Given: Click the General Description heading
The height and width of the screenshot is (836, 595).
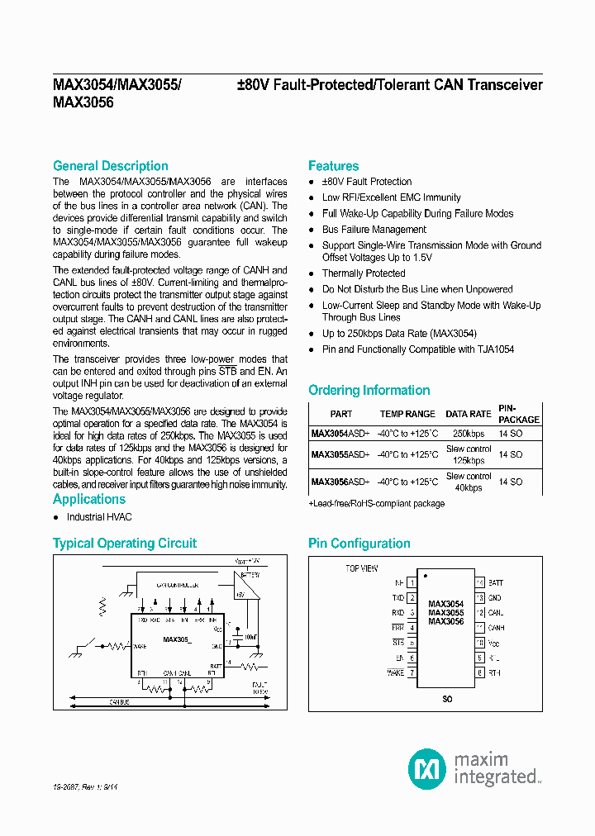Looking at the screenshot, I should pyautogui.click(x=110, y=166).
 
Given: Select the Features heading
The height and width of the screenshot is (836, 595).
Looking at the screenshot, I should pyautogui.click(x=333, y=166).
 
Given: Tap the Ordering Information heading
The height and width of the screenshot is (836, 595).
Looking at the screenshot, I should pyautogui.click(x=369, y=390).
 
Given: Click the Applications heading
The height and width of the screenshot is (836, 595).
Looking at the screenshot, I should pyautogui.click(x=89, y=499).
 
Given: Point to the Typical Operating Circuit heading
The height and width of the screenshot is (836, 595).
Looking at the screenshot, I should pyautogui.click(x=125, y=544).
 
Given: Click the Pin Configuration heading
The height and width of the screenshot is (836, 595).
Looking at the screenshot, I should pyautogui.click(x=359, y=544).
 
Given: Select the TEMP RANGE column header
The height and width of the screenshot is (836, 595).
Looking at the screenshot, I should pyautogui.click(x=407, y=414).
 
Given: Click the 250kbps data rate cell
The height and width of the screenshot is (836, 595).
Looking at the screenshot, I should pyautogui.click(x=469, y=433).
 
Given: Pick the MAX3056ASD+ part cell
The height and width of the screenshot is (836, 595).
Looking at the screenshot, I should pyautogui.click(x=340, y=482).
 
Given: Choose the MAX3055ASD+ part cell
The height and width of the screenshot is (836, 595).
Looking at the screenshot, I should pyautogui.click(x=340, y=454).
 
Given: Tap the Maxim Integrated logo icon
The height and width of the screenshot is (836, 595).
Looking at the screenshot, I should pyautogui.click(x=426, y=768).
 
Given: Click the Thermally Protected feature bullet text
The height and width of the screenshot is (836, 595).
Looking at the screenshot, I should pyautogui.click(x=364, y=273).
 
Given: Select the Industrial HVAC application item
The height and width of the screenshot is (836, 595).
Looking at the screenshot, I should pyautogui.click(x=99, y=517).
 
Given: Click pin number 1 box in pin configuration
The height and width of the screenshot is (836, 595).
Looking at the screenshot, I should pyautogui.click(x=412, y=582).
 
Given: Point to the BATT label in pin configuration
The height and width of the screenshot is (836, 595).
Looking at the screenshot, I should pyautogui.click(x=495, y=582).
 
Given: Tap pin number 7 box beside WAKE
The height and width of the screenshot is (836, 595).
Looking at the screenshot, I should pyautogui.click(x=412, y=673).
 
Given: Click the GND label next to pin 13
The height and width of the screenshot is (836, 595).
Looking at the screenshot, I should pyautogui.click(x=494, y=597).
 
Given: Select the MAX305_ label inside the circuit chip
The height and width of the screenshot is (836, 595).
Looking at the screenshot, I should pyautogui.click(x=177, y=639).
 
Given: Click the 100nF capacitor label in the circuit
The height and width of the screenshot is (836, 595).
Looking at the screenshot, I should pyautogui.click(x=250, y=637).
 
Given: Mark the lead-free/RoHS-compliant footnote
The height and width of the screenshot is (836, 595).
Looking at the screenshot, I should pyautogui.click(x=376, y=503).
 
